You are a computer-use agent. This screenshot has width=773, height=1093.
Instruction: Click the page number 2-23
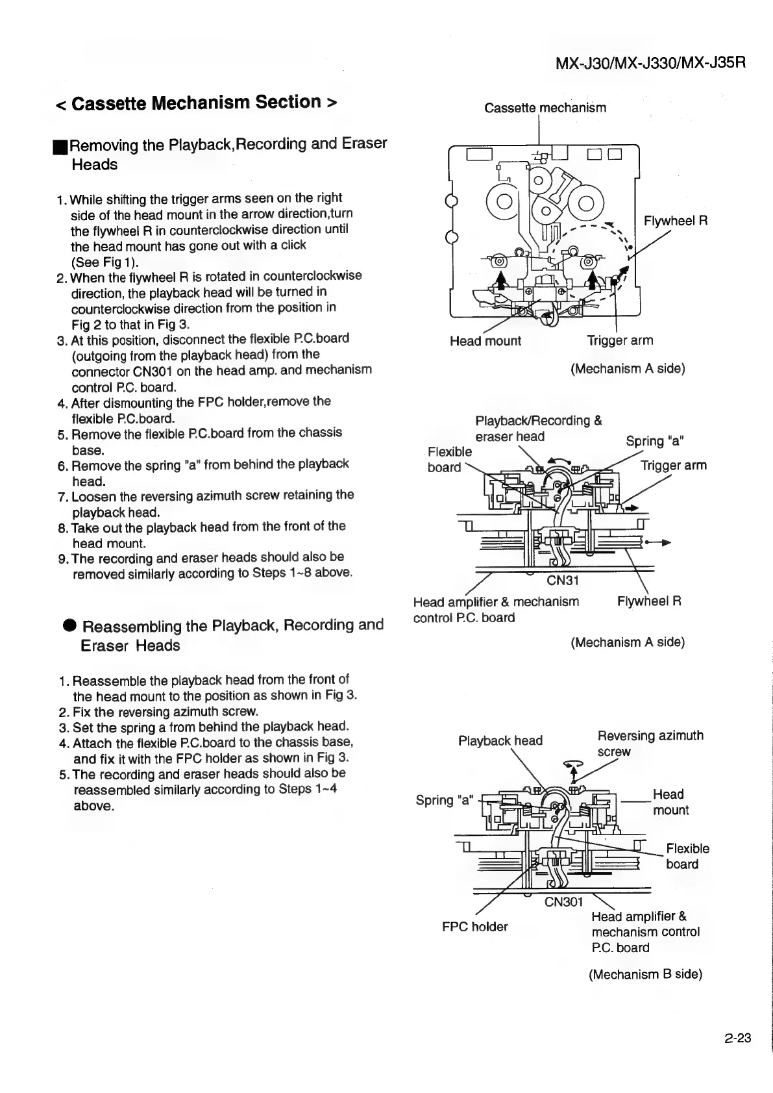click(737, 1038)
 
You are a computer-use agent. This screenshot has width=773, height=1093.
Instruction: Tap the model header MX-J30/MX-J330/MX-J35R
click(650, 63)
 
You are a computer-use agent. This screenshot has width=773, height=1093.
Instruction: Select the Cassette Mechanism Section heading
click(197, 103)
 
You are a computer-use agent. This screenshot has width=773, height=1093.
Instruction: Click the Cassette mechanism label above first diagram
click(545, 108)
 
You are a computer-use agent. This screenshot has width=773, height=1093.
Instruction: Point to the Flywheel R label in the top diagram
click(675, 221)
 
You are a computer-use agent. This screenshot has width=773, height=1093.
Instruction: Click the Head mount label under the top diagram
click(485, 341)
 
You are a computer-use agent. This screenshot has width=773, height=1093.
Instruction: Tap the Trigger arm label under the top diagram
click(620, 340)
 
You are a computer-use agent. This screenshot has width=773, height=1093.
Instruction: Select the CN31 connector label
click(562, 580)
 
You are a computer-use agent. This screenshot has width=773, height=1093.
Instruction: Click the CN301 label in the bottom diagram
click(563, 902)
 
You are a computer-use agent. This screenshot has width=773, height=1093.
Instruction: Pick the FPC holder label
click(474, 927)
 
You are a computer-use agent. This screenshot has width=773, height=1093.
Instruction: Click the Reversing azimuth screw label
click(650, 743)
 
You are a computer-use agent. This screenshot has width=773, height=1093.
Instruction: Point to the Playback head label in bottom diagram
click(500, 741)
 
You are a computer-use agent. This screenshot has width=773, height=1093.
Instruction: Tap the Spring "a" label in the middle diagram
click(655, 442)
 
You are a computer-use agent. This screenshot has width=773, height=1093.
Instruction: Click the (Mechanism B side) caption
click(645, 974)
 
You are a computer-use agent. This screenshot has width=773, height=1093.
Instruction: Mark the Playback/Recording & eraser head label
click(538, 429)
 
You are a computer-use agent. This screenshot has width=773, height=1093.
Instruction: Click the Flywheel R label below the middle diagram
click(648, 601)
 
